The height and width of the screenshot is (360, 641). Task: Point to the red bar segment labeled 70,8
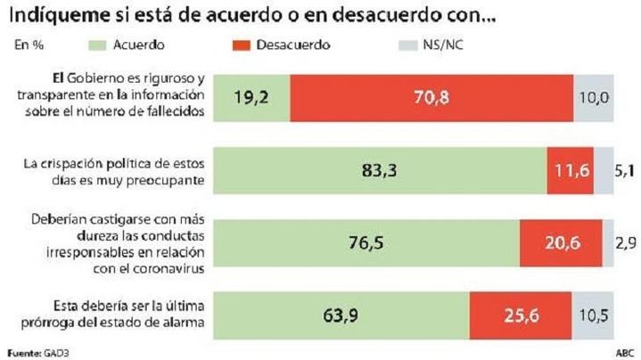point(431,97)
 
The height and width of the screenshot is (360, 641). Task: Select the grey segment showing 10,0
point(593,97)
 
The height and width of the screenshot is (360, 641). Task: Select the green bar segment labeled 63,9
point(341,315)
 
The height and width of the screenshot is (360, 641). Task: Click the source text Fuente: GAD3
point(37,352)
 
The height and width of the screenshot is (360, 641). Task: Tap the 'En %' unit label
point(29,44)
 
